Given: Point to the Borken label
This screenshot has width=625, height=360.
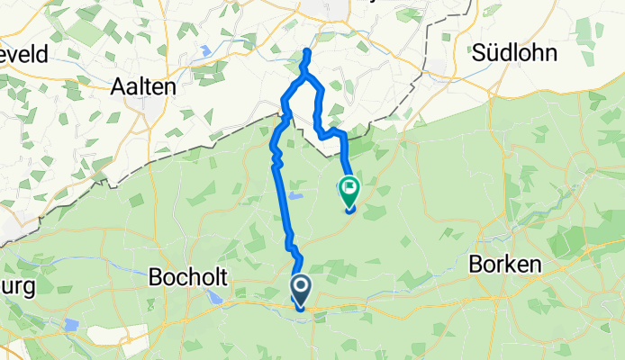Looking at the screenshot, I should pos(504,265).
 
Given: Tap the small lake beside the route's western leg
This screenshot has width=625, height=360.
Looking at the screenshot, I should pos(297,193).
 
